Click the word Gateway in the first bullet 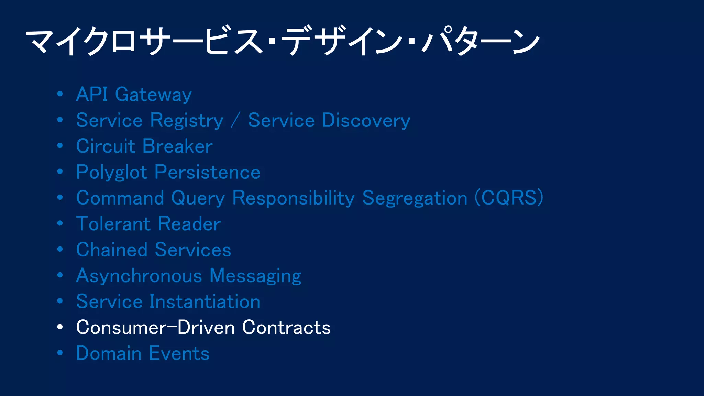153,95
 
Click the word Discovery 366,120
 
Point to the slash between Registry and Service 235,120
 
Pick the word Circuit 106,146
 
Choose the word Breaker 178,146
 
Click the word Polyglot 112,172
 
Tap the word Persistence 208,172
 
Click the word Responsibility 293,198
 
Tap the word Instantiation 205,301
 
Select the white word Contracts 286,327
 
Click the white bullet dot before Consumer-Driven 60,327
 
